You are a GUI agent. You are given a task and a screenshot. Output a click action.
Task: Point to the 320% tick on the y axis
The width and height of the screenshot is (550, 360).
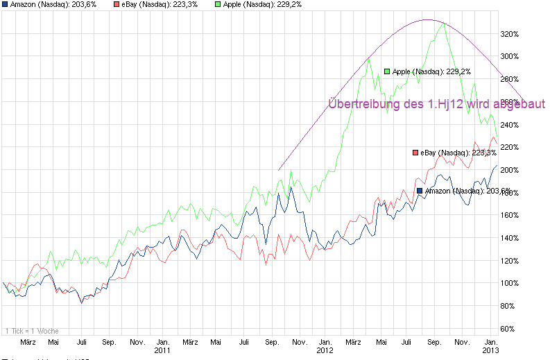click(x=510, y=33)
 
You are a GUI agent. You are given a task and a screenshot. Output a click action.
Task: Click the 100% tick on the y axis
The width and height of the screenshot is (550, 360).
click(x=510, y=283)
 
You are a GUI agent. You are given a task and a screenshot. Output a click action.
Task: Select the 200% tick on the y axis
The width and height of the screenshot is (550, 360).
click(x=510, y=170)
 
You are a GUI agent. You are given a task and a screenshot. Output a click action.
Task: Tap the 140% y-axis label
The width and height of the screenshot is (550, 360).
click(x=510, y=238)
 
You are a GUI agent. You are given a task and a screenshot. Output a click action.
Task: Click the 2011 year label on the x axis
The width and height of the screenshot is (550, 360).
click(x=162, y=350)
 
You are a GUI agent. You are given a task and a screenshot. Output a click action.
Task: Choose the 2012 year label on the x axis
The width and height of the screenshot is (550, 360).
click(x=325, y=350)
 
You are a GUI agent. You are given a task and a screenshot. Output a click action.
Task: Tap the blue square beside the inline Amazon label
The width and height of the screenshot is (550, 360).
click(x=420, y=191)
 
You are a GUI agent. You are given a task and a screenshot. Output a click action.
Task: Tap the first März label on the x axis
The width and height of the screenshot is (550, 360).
click(x=28, y=342)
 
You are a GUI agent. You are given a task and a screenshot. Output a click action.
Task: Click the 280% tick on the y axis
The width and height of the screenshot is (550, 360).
click(x=510, y=79)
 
